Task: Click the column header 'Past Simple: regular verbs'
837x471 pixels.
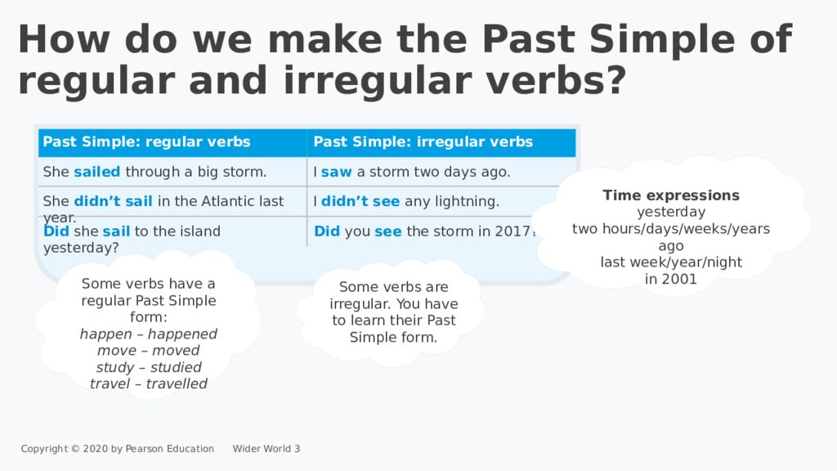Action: (x=146, y=142)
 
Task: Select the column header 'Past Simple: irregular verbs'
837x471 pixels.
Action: (x=423, y=142)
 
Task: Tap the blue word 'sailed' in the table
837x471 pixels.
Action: (x=97, y=172)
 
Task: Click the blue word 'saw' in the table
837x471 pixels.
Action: (x=336, y=172)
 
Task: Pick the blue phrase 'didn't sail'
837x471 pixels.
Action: (x=114, y=201)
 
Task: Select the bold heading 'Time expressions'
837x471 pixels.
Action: (x=671, y=195)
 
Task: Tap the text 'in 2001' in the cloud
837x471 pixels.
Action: (x=671, y=279)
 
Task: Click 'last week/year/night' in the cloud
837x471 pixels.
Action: (x=671, y=262)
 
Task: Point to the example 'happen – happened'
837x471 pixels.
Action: (x=149, y=334)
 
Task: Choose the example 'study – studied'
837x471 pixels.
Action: (x=149, y=367)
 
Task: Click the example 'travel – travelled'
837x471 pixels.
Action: (x=149, y=384)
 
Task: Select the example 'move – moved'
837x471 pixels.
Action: (x=149, y=351)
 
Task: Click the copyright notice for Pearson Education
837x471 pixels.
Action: (x=118, y=448)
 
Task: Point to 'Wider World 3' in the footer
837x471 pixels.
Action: (x=266, y=448)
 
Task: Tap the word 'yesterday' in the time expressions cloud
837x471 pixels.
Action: (x=671, y=212)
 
